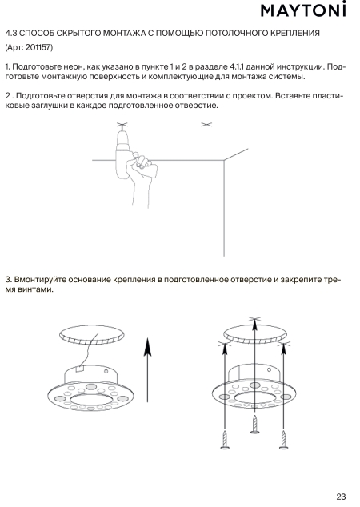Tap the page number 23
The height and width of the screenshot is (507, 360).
click(x=341, y=497)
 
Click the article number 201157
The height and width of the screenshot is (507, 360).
click(x=38, y=47)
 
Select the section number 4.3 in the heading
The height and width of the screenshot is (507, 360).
click(x=10, y=33)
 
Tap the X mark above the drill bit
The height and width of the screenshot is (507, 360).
click(x=122, y=124)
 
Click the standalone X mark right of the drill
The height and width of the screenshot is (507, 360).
click(x=206, y=124)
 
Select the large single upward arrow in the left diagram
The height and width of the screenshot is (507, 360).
click(x=147, y=370)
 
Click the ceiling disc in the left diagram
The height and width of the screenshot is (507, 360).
click(x=92, y=334)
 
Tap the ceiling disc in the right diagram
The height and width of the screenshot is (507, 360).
click(x=255, y=334)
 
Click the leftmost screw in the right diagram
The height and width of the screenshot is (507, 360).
click(x=225, y=439)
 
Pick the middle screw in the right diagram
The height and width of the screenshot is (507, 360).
click(x=255, y=424)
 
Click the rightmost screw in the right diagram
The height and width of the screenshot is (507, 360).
click(x=284, y=439)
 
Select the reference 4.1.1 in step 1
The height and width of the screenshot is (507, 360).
click(x=237, y=67)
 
